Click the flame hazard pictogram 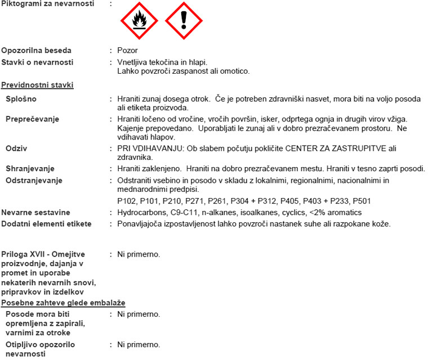point(139,20)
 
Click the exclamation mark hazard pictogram point(183,20)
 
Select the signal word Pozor point(127,50)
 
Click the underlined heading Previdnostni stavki point(38,85)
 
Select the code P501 point(359,201)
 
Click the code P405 point(278,201)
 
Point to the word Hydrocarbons point(141,212)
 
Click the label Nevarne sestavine point(37,212)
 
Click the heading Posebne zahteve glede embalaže point(63,303)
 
